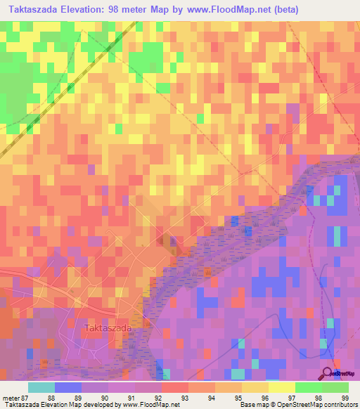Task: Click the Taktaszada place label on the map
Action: (108, 327)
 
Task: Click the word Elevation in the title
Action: (95, 10)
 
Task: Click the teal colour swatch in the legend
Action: (41, 387)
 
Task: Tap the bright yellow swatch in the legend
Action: (282, 387)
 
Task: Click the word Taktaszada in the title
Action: (37, 10)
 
